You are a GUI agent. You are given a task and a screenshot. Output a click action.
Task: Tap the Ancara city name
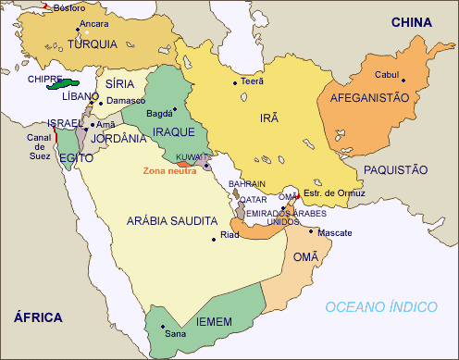click(94, 23)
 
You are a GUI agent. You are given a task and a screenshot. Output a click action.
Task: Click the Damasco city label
click(127, 99)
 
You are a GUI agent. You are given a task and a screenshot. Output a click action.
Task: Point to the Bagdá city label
click(160, 113)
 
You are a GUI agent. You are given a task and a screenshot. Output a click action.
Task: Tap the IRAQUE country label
click(173, 132)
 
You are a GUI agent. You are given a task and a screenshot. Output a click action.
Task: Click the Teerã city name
click(253, 81)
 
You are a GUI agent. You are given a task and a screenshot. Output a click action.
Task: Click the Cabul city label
click(387, 75)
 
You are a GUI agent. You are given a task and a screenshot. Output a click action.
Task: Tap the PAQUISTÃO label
click(395, 169)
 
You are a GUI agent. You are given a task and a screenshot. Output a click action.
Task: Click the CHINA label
click(414, 21)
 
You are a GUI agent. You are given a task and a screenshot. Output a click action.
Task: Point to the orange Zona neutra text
click(168, 171)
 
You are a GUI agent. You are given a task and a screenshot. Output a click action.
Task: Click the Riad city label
click(231, 235)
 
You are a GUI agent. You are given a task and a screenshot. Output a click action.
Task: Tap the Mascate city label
click(335, 232)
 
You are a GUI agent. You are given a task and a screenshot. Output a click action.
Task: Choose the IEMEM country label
click(214, 321)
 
